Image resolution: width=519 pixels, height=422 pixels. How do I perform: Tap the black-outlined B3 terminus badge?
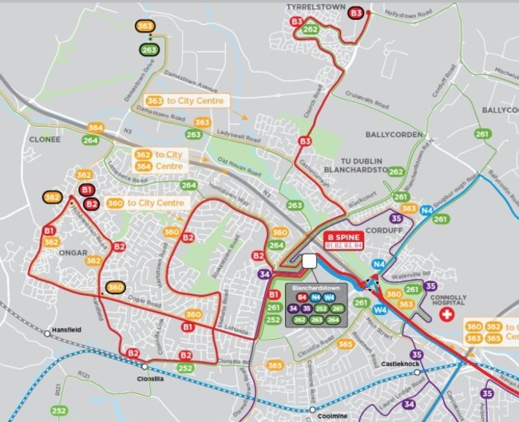click(x=356, y=13)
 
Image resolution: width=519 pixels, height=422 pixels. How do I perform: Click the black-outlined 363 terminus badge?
click(x=145, y=26)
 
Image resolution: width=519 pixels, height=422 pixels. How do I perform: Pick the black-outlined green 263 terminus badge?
click(x=149, y=49)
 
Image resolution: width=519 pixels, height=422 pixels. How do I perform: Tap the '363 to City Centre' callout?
click(x=187, y=101)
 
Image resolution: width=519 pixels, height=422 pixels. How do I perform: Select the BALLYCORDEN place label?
click(x=394, y=136)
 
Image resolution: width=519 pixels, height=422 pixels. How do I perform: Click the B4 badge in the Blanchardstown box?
click(x=302, y=297)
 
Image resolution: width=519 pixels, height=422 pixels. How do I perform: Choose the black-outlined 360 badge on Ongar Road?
click(x=116, y=288)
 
